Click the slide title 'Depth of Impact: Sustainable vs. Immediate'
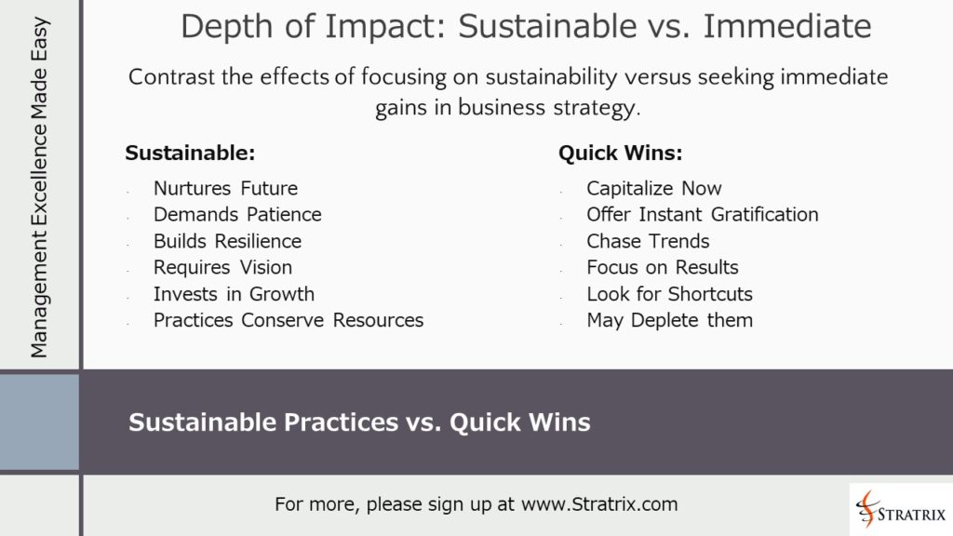click(x=526, y=27)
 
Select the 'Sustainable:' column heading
click(x=190, y=154)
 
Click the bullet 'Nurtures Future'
click(x=225, y=189)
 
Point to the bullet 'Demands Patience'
click(x=237, y=215)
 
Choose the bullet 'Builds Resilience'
click(x=227, y=241)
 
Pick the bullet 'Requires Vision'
click(x=222, y=267)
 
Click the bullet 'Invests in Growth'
click(x=234, y=294)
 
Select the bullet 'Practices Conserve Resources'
click(x=289, y=320)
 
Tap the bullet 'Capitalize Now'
click(x=654, y=189)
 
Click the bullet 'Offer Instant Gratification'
click(x=703, y=215)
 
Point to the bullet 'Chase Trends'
click(x=648, y=241)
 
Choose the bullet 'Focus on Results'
click(x=663, y=267)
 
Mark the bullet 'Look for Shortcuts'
click(x=669, y=294)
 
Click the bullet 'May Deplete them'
click(x=669, y=320)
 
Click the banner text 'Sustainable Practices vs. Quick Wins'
click(x=359, y=422)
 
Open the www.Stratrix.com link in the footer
click(x=599, y=504)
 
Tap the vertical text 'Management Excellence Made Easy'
click(x=39, y=186)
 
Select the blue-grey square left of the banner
click(x=39, y=422)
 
